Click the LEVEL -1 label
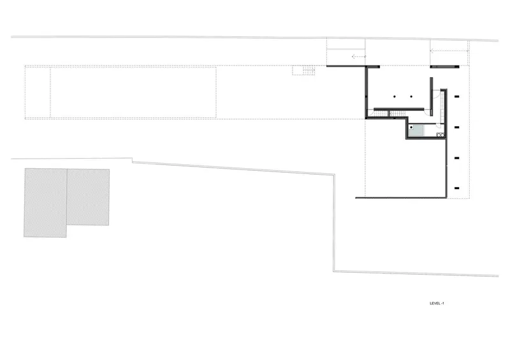437,303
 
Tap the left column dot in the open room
395,97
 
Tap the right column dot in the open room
411,97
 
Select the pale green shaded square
417,131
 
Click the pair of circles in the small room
440,134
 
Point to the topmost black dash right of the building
456,97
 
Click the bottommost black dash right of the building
456,188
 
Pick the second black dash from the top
456,127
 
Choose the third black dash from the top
456,158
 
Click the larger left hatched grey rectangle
45,203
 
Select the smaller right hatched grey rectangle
88,197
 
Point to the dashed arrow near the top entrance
359,57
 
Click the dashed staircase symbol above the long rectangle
303,70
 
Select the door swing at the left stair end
369,113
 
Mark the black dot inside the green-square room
411,127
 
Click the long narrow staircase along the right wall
444,107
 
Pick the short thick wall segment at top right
445,67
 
